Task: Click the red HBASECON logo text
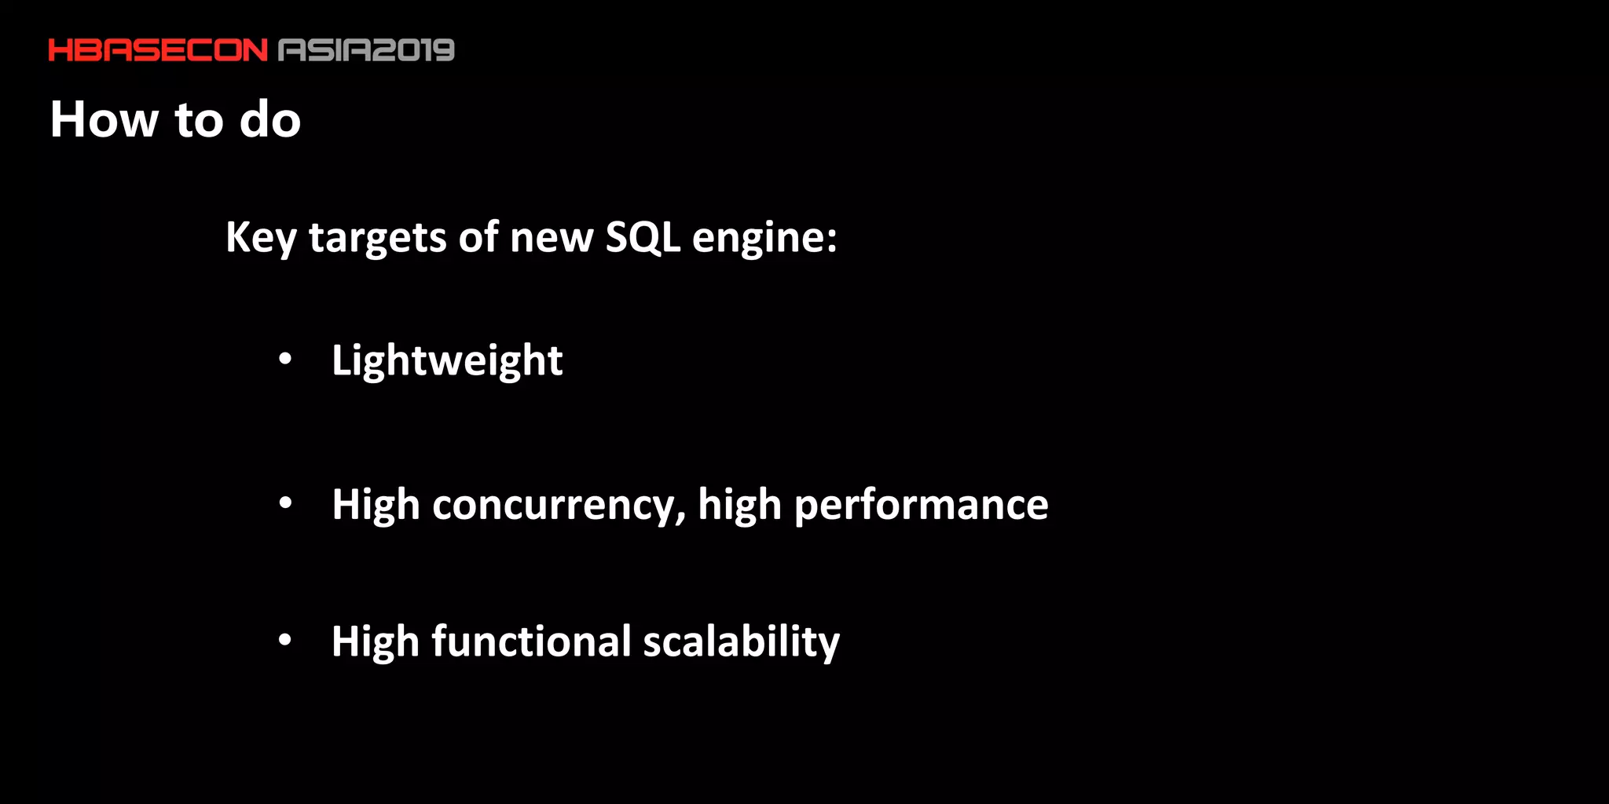(x=158, y=50)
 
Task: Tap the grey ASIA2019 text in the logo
(x=367, y=50)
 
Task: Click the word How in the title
(x=104, y=119)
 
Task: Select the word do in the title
(x=270, y=119)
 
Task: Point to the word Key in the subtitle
(x=261, y=237)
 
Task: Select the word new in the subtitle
(x=552, y=237)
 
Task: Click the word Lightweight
(x=447, y=361)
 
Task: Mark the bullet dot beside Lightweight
(x=285, y=360)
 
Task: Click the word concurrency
(x=558, y=505)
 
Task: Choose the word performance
(x=921, y=505)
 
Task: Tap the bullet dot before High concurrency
(x=285, y=503)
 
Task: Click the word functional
(x=531, y=641)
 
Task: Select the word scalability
(x=742, y=641)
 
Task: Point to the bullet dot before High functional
(x=285, y=641)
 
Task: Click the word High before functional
(x=376, y=641)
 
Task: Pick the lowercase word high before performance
(x=739, y=505)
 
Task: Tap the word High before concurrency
(x=376, y=505)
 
